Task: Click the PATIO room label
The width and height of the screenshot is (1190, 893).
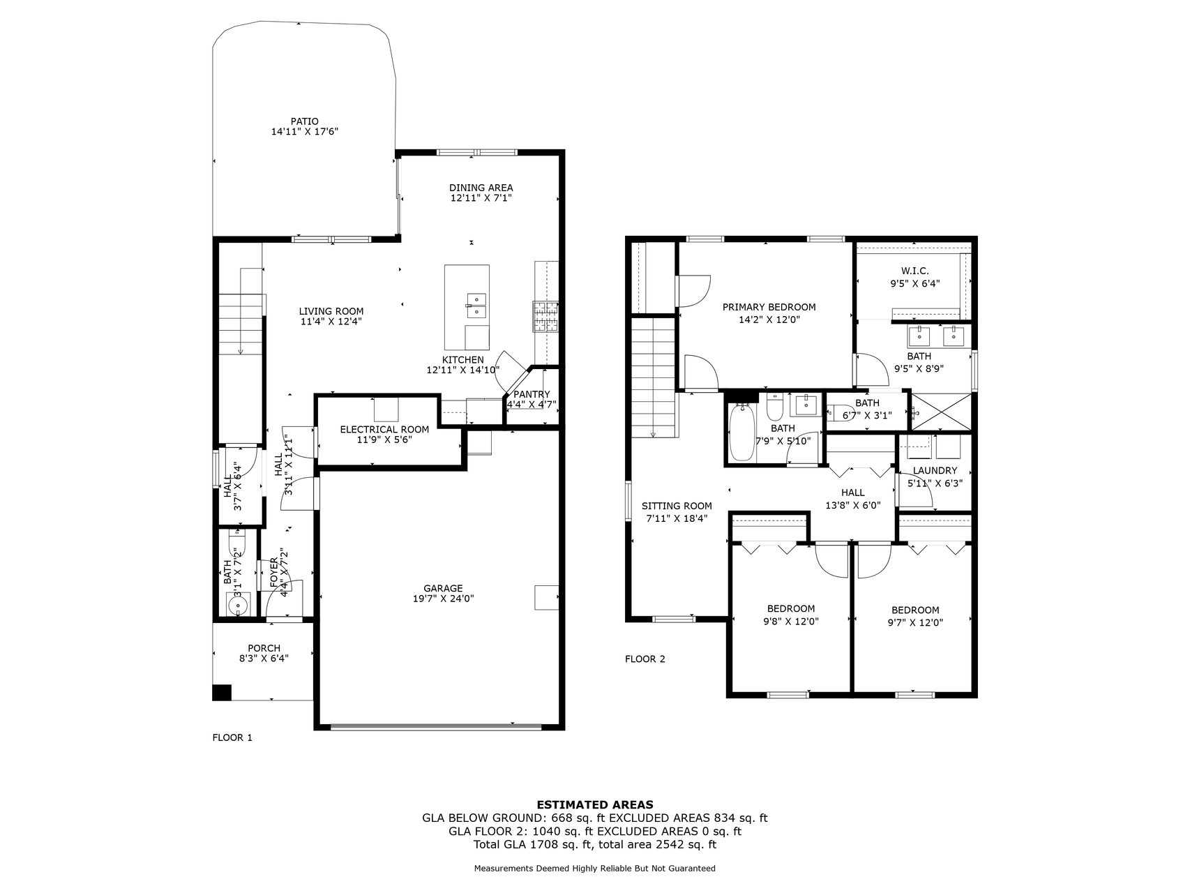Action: coord(305,121)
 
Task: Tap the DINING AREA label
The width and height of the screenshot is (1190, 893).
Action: coord(481,188)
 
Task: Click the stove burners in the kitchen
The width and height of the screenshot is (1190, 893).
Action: coord(546,315)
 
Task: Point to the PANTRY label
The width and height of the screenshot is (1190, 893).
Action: coord(532,394)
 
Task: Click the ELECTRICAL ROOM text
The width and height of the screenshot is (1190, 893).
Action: coord(384,429)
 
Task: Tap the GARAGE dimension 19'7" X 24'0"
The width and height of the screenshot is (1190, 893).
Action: coord(443,599)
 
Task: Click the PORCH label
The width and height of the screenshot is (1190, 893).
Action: coord(264,648)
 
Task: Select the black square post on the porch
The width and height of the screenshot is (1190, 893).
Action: coord(222,692)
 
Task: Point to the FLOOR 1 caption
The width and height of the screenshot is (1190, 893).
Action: coord(232,737)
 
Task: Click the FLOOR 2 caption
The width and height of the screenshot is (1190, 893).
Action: coord(645,659)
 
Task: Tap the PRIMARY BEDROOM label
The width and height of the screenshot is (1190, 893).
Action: coord(769,307)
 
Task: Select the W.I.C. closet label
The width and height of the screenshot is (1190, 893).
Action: coord(914,271)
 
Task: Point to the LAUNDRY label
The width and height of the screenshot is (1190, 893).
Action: coord(935,471)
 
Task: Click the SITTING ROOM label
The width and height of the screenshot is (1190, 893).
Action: coord(677,506)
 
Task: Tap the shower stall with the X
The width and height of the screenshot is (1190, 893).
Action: coord(941,412)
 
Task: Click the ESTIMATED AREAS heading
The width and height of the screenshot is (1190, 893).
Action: coord(595,804)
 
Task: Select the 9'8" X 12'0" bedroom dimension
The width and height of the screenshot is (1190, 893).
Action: coord(791,622)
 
